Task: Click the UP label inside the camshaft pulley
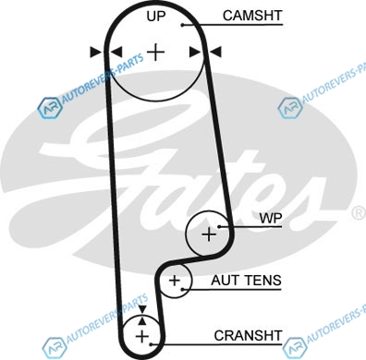tap(156, 17)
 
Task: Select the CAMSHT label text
tap(252, 16)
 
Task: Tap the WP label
tap(271, 218)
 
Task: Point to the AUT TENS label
tap(246, 281)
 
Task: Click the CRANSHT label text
tap(248, 336)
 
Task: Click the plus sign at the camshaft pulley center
tap(156, 52)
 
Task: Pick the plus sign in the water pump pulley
tap(209, 234)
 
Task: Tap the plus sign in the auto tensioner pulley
tap(175, 281)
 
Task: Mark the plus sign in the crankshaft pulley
tap(142, 336)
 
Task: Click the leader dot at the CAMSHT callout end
tap(182, 25)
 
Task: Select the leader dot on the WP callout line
tap(219, 227)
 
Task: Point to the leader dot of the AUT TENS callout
tap(183, 289)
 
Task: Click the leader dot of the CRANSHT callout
tap(151, 344)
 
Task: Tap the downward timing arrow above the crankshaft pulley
tap(141, 309)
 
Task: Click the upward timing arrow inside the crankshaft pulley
tap(141, 321)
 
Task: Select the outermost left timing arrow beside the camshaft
tap(95, 52)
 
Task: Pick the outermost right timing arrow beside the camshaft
tap(215, 52)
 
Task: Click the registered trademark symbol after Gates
tap(359, 213)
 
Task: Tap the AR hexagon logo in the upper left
tap(49, 108)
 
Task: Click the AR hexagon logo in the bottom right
tap(294, 348)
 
